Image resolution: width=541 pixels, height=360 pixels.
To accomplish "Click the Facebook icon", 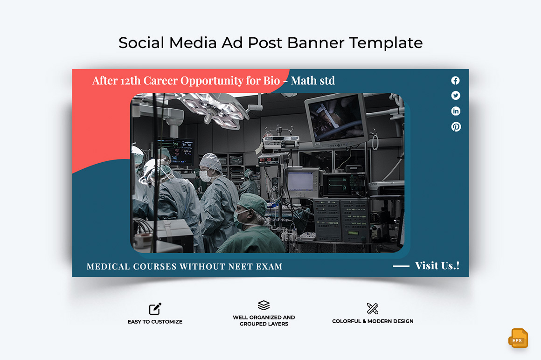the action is tap(456, 80).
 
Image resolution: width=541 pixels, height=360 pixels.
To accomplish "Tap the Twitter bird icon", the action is tap(456, 96).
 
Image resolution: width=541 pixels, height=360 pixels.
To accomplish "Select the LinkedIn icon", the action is tap(456, 111).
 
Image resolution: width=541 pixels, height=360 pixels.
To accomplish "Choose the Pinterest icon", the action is tap(456, 126).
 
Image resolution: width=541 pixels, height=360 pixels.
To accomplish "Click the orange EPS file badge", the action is tap(518, 338).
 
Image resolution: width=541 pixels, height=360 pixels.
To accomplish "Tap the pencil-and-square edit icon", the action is tap(155, 309).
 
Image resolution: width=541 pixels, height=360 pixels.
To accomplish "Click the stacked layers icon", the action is tap(264, 305).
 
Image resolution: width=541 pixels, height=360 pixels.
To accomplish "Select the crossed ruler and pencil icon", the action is tap(373, 309).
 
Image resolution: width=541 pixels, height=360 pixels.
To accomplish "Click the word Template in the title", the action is tap(386, 43).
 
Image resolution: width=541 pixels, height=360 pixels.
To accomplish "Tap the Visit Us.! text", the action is tap(437, 265).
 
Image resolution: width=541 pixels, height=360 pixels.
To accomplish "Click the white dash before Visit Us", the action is tap(401, 266).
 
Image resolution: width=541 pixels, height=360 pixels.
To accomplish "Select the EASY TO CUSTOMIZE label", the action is tap(155, 322).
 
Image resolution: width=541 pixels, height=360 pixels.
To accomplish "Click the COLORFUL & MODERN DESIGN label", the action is tap(373, 321).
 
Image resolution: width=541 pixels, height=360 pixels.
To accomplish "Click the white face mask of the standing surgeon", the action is tap(205, 175).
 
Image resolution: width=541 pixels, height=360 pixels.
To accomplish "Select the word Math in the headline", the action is tap(303, 81).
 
